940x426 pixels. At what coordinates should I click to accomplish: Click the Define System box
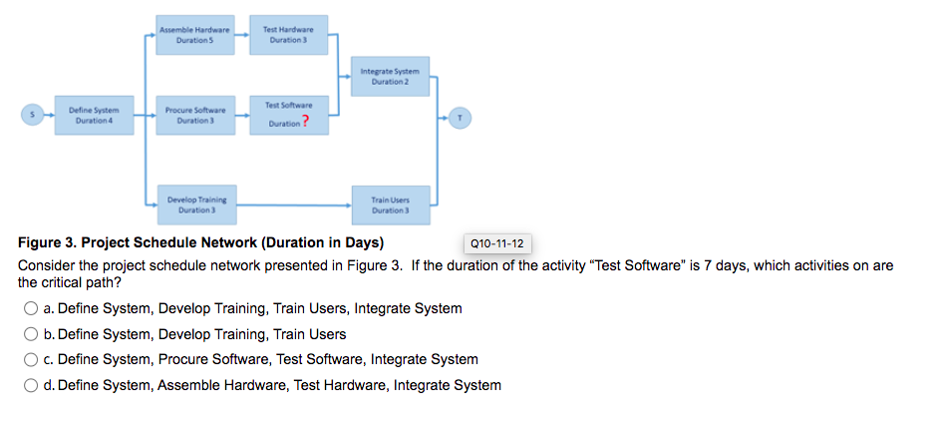point(94,115)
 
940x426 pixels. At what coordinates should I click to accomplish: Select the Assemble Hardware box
point(194,35)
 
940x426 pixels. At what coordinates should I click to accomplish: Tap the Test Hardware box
point(288,35)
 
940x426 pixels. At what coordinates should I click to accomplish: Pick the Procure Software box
point(194,115)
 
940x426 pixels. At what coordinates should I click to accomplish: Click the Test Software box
point(288,115)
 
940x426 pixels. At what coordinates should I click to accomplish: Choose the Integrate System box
point(390,75)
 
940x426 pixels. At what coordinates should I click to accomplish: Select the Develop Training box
point(194,205)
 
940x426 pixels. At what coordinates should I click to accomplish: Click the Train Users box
point(390,205)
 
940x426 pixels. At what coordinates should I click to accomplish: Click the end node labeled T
point(460,115)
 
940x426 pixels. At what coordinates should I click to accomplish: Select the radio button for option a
point(32,308)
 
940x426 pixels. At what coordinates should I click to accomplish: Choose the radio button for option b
point(32,334)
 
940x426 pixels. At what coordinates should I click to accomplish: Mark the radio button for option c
point(32,359)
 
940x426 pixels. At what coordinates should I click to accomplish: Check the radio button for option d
point(32,385)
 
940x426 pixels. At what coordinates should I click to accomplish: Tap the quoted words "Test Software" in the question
point(637,266)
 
